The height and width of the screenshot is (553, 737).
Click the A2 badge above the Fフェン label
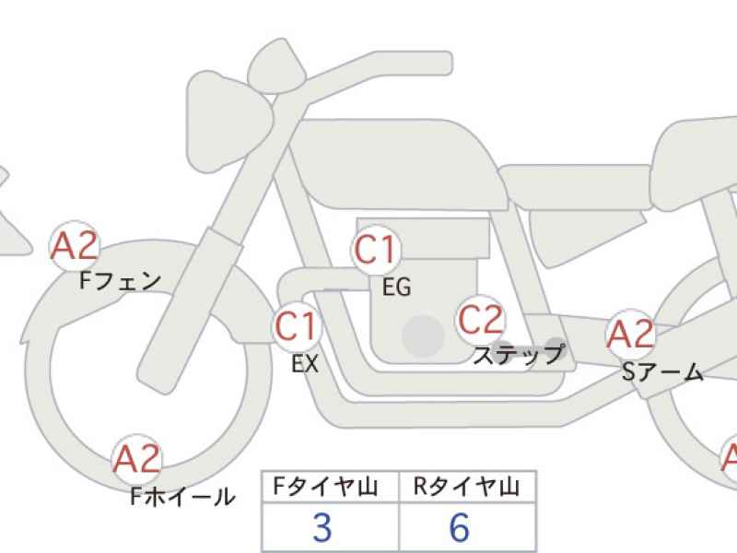click(x=75, y=246)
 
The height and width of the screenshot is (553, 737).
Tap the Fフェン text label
click(x=121, y=281)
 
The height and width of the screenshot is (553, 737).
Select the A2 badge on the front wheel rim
click(x=136, y=459)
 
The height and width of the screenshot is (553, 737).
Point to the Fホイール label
click(x=182, y=496)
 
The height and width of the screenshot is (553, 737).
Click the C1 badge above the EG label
click(x=376, y=250)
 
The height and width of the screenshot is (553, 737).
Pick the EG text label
click(x=397, y=287)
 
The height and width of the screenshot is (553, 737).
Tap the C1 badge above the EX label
click(x=297, y=326)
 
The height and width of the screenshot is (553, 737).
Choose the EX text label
click(x=305, y=363)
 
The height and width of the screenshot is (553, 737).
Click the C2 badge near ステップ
click(x=481, y=320)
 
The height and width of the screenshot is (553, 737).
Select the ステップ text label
click(x=518, y=355)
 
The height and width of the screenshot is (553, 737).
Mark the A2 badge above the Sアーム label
click(x=630, y=334)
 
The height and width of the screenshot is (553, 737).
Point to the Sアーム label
click(x=662, y=372)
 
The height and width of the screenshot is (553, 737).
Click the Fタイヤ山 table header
click(x=326, y=487)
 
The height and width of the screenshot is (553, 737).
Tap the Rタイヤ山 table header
click(x=467, y=487)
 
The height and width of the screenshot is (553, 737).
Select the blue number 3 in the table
click(x=322, y=527)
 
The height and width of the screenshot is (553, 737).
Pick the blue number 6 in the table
click(x=459, y=527)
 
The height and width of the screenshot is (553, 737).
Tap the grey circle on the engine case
click(x=424, y=335)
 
